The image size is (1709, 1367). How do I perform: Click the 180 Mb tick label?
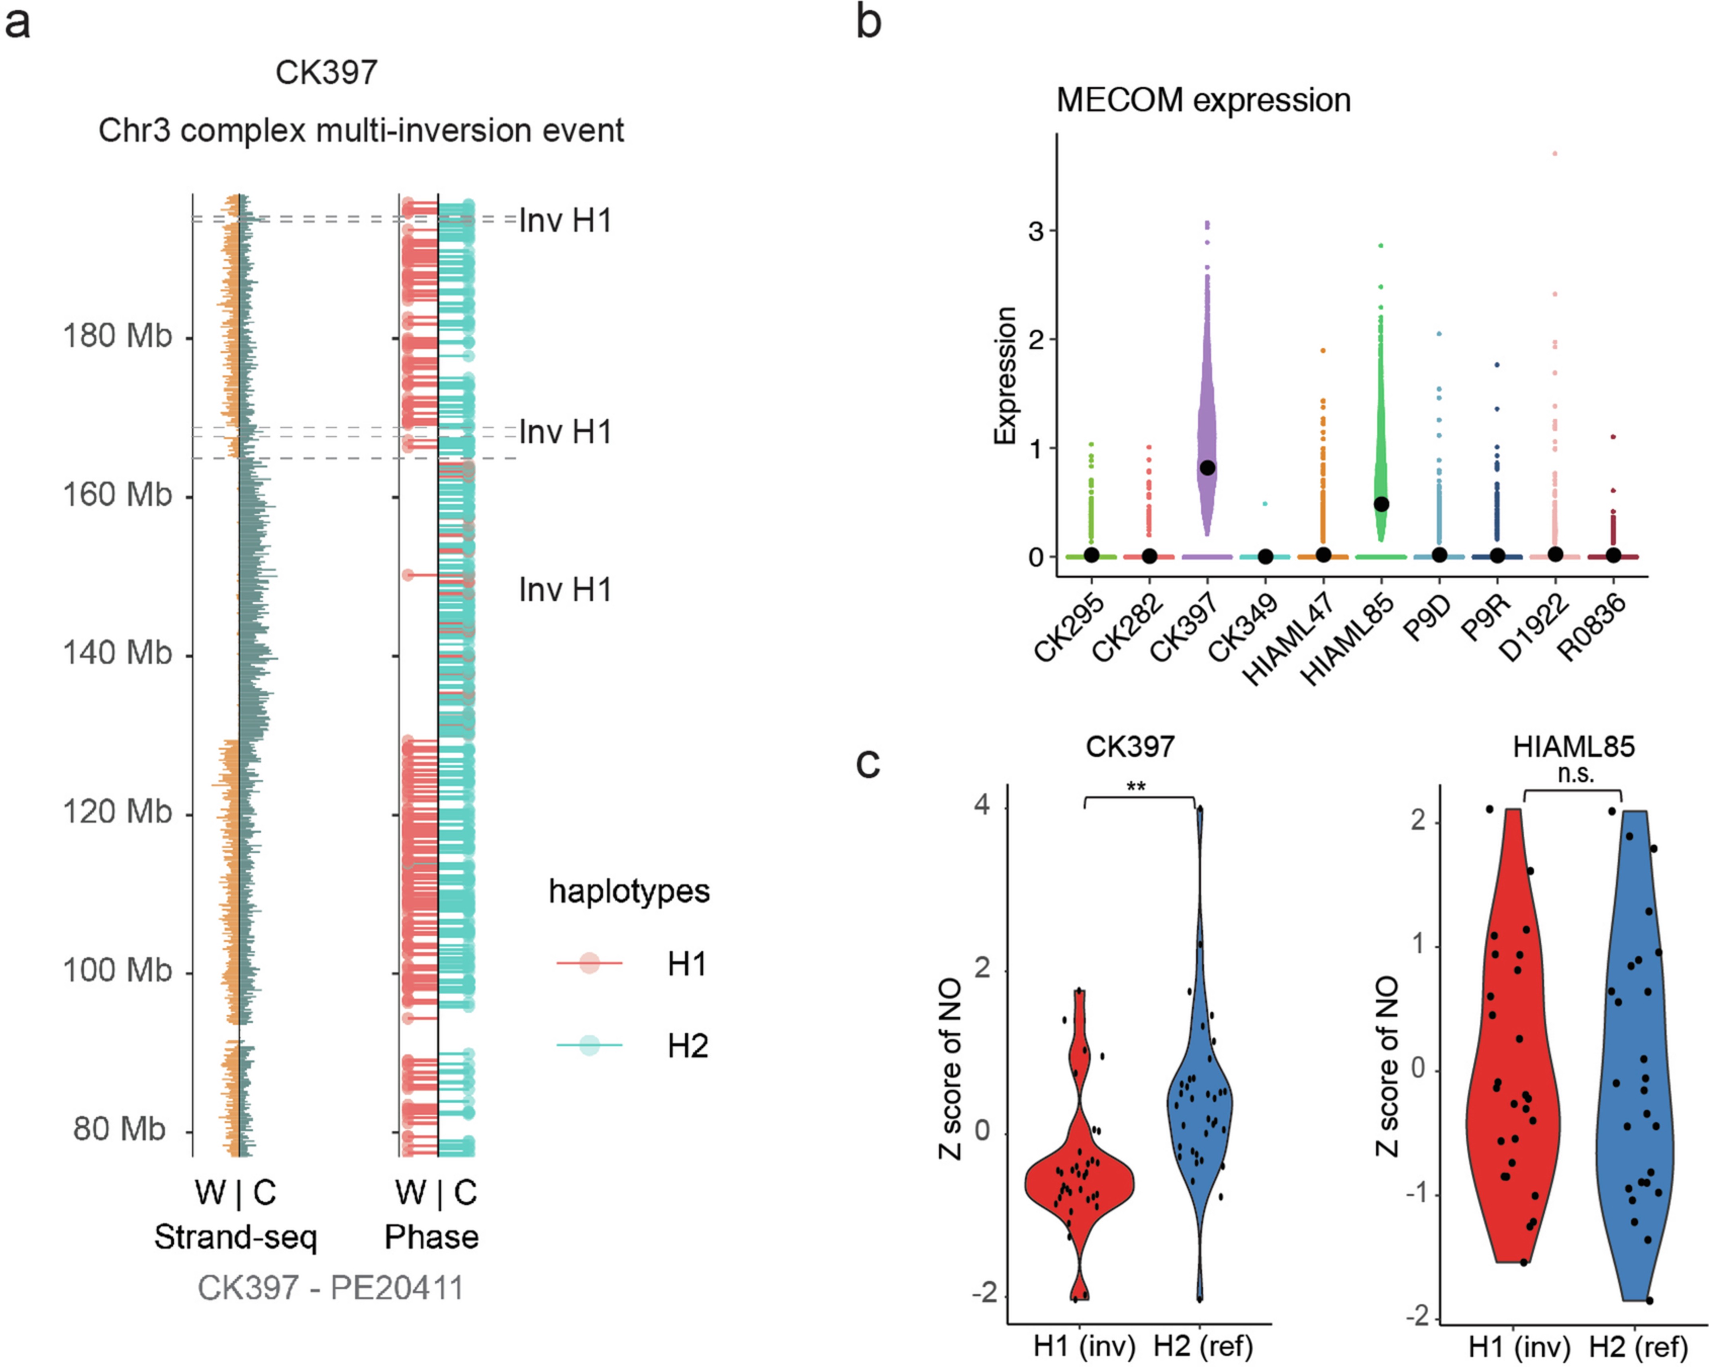(116, 336)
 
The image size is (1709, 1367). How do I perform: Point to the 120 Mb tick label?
(116, 812)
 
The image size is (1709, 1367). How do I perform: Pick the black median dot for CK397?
(1207, 468)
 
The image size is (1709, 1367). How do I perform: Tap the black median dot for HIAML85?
(1382, 504)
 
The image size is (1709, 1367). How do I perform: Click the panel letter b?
(869, 22)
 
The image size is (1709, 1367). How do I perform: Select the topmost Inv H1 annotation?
(565, 220)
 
